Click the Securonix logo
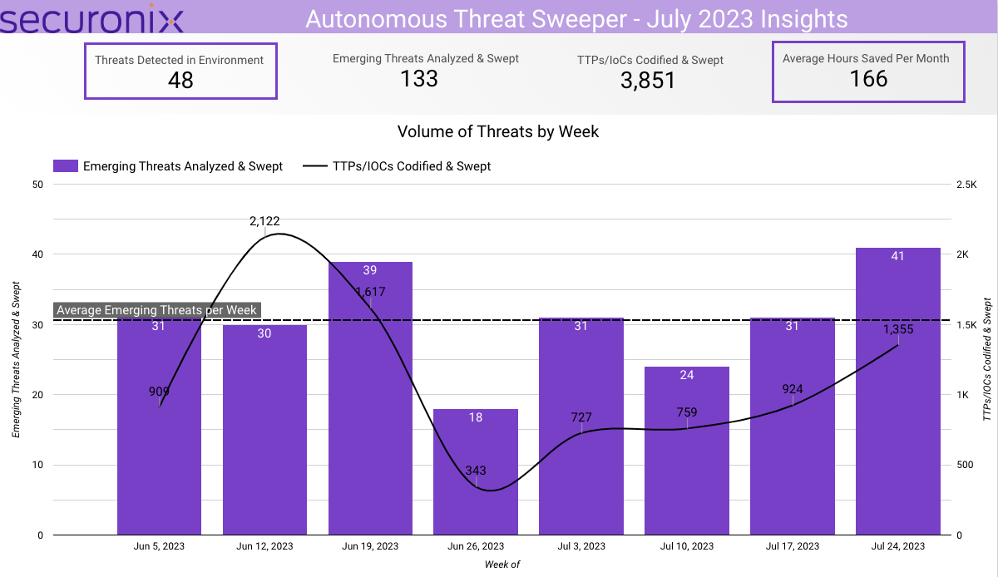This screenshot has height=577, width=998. [x=91, y=18]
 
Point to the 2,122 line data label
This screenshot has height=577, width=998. [x=264, y=221]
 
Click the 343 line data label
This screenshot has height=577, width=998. [x=476, y=471]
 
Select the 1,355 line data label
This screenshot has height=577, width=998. [x=898, y=329]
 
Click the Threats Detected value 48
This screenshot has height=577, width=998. [x=180, y=81]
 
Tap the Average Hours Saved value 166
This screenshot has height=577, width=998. [x=868, y=79]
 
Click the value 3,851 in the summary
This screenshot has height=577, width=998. [x=648, y=80]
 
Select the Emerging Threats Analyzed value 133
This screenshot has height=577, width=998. [x=418, y=78]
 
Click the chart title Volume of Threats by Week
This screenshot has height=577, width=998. [x=498, y=131]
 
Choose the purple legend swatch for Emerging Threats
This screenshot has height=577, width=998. [x=65, y=166]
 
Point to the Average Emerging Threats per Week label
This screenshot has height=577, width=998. [x=157, y=310]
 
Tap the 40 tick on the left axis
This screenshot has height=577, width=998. [x=37, y=254]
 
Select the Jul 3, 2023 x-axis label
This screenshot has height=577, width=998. [x=581, y=546]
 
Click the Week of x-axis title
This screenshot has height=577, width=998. [x=502, y=565]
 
